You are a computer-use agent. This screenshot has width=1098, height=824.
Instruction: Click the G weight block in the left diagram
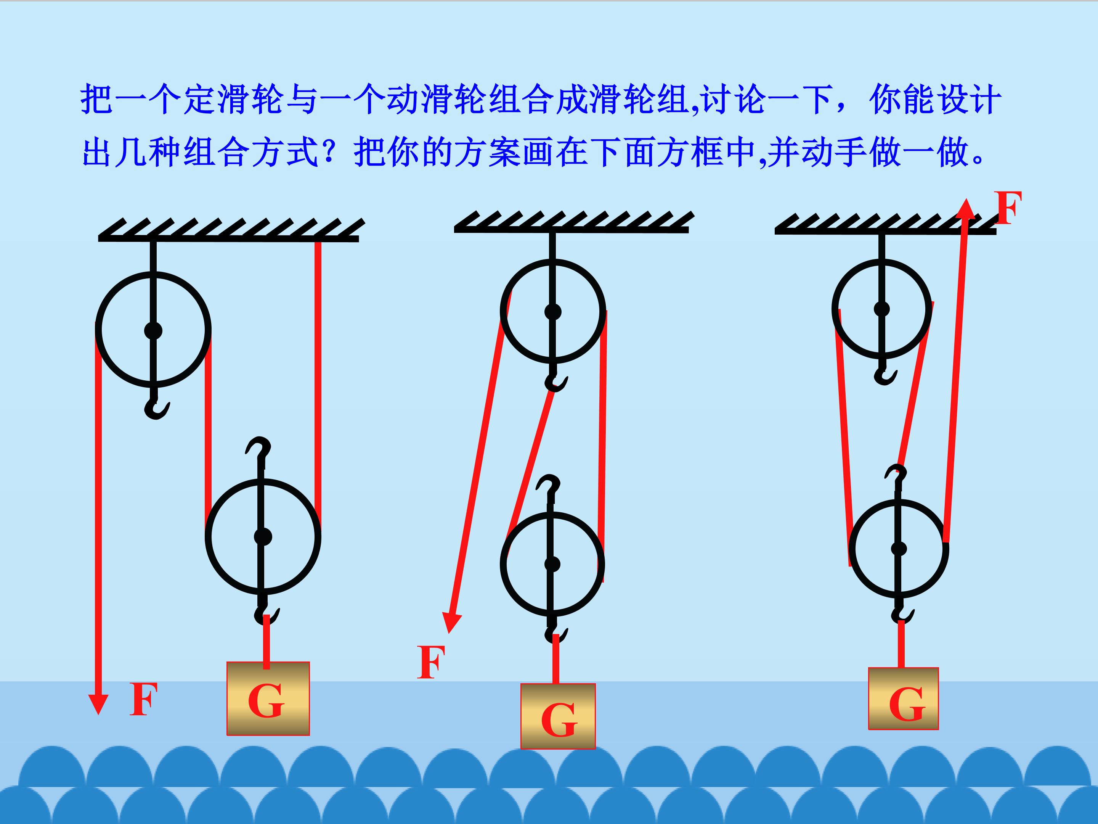click(268, 698)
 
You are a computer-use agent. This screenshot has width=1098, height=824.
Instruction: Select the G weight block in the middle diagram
click(558, 716)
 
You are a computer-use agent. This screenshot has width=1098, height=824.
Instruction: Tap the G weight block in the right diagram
click(904, 699)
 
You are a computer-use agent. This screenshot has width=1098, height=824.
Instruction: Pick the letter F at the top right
click(1009, 207)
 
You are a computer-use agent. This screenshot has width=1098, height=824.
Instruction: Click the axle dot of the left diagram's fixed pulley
click(153, 330)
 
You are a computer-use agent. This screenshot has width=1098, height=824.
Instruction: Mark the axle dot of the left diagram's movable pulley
click(263, 536)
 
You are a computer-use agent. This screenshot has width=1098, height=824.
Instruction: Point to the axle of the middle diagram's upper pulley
click(552, 312)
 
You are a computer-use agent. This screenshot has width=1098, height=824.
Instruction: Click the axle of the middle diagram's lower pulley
click(552, 564)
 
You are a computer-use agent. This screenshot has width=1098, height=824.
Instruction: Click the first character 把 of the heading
click(96, 99)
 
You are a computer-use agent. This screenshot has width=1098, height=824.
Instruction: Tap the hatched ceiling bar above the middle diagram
click(574, 222)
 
